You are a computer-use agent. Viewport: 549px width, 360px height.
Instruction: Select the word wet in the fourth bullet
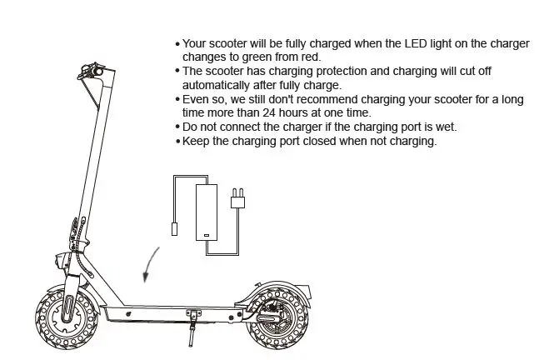coord(447,127)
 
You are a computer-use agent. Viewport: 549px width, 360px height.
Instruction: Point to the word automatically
coord(215,85)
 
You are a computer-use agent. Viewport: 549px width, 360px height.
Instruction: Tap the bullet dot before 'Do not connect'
coord(177,127)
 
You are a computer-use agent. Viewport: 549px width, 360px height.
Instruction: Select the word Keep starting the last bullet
coord(195,141)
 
